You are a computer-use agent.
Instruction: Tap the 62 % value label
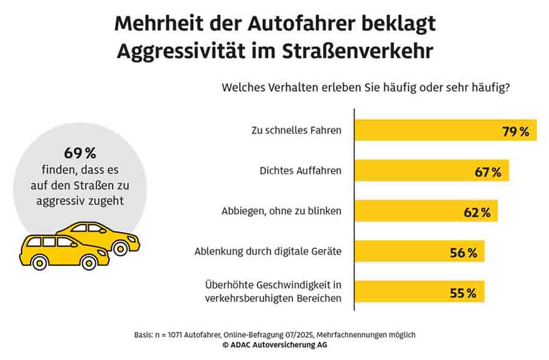477,212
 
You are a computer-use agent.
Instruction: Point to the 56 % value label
464,253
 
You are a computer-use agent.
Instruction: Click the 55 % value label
463,293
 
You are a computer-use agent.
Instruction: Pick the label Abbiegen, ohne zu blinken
281,211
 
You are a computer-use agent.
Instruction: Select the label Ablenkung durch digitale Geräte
268,251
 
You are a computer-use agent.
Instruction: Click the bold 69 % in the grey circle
80,153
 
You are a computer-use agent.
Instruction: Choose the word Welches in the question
243,88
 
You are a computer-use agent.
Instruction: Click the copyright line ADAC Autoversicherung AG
274,345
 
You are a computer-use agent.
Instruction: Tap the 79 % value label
516,131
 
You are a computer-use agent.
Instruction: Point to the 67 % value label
488,172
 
